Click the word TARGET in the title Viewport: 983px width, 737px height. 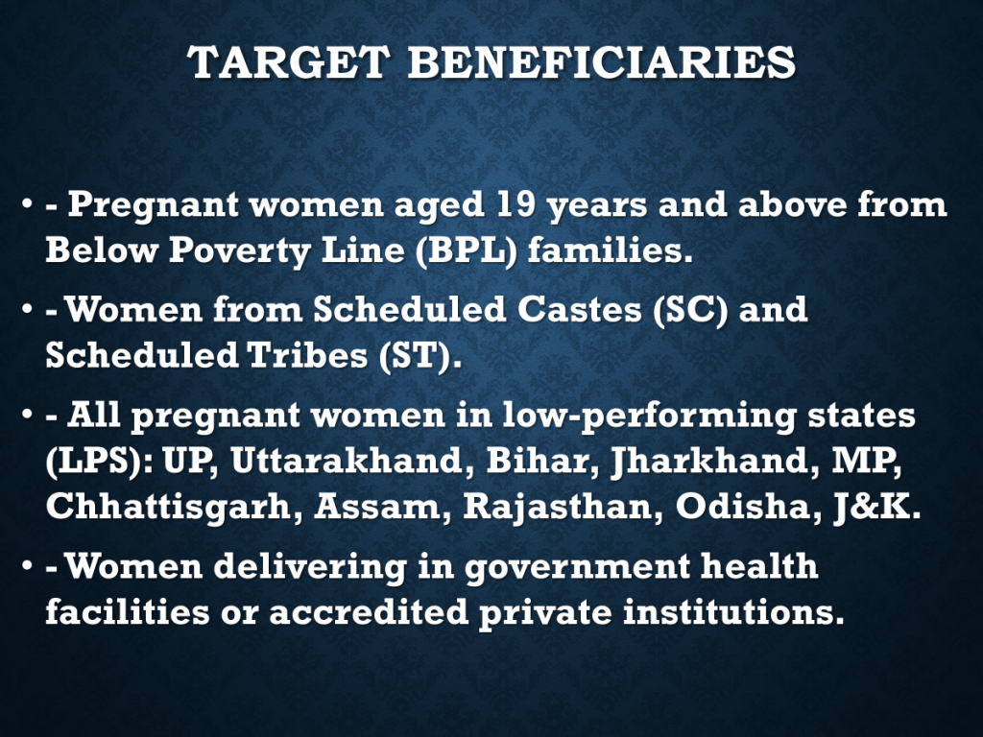(x=288, y=62)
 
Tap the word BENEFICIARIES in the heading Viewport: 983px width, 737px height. (x=602, y=62)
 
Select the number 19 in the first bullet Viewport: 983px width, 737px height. (x=515, y=204)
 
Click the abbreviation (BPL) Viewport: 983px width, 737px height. (x=467, y=250)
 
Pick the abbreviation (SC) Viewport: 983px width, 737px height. (x=690, y=310)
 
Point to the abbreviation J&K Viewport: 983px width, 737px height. (x=877, y=507)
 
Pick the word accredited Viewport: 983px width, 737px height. (x=369, y=612)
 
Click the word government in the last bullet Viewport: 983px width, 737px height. (x=577, y=567)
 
